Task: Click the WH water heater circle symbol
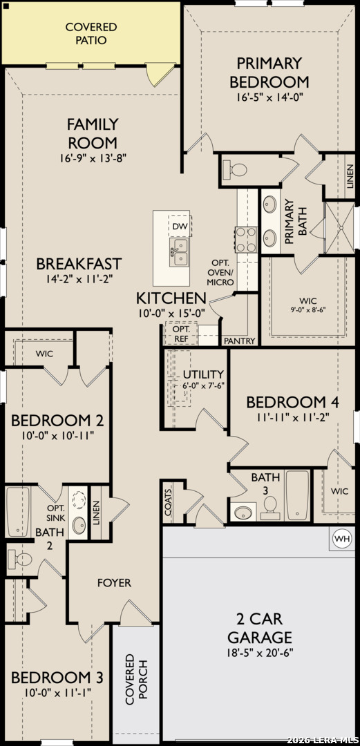tap(342, 538)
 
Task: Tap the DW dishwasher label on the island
tap(180, 227)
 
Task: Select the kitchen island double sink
tap(179, 253)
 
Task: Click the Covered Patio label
tap(91, 33)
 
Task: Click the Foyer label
tap(114, 583)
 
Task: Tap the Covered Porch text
tap(136, 682)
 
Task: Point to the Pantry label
tap(240, 341)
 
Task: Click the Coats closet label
tap(169, 508)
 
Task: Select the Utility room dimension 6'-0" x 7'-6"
tap(204, 385)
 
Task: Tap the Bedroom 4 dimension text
tap(287, 417)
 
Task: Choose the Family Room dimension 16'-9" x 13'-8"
tap(93, 158)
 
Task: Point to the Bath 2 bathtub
tap(17, 511)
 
